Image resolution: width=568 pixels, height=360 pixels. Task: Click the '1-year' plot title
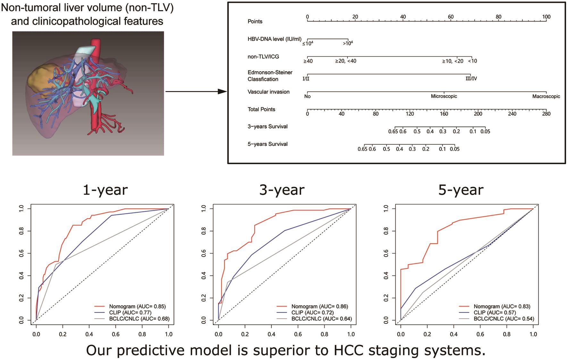click(105, 190)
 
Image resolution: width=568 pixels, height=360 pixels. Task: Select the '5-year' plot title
click(461, 190)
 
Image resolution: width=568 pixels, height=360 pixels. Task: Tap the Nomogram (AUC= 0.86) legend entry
click(319, 306)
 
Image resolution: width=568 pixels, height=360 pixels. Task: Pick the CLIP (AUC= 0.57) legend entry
click(495, 313)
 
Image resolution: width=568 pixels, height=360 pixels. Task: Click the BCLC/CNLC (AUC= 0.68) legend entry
click(139, 319)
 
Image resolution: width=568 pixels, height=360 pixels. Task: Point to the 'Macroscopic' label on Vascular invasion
click(546, 96)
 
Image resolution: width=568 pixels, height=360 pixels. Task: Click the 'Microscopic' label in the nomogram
click(444, 96)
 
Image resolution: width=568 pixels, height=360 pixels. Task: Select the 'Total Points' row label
click(261, 109)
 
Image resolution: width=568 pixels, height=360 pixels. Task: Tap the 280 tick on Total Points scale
click(546, 113)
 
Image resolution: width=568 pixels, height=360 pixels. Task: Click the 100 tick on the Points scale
click(546, 17)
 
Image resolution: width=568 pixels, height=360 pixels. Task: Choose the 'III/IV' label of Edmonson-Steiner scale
click(471, 79)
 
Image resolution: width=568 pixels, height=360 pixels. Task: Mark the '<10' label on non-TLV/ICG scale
click(472, 61)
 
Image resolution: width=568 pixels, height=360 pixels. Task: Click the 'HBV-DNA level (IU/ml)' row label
click(274, 39)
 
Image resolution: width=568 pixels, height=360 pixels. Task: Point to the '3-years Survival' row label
click(267, 127)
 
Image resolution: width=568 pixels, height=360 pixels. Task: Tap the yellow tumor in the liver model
click(40, 77)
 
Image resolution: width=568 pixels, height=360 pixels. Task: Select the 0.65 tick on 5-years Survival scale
click(363, 149)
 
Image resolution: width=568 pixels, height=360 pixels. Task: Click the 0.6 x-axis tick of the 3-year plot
click(298, 334)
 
